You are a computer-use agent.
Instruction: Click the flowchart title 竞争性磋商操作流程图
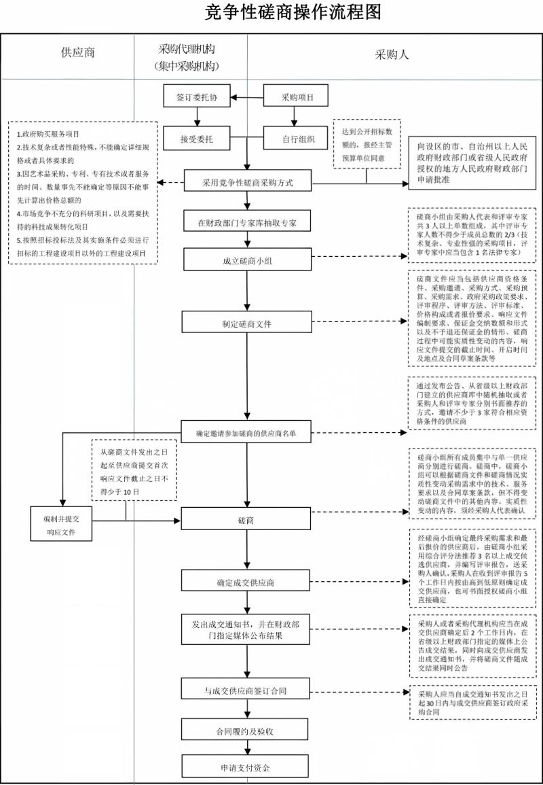click(x=293, y=12)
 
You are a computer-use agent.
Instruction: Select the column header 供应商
click(x=78, y=53)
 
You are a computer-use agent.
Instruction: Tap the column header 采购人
click(x=392, y=55)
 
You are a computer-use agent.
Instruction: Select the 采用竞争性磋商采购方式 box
click(x=246, y=184)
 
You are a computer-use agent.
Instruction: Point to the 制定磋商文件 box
click(x=246, y=324)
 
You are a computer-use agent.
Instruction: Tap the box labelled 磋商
click(x=246, y=521)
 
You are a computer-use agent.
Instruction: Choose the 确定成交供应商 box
click(x=246, y=582)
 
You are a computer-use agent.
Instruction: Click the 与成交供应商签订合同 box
click(x=246, y=691)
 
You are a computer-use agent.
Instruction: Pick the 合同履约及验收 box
click(x=246, y=731)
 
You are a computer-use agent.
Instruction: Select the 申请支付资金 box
click(x=246, y=767)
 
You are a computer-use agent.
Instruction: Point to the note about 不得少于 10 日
click(x=134, y=471)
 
